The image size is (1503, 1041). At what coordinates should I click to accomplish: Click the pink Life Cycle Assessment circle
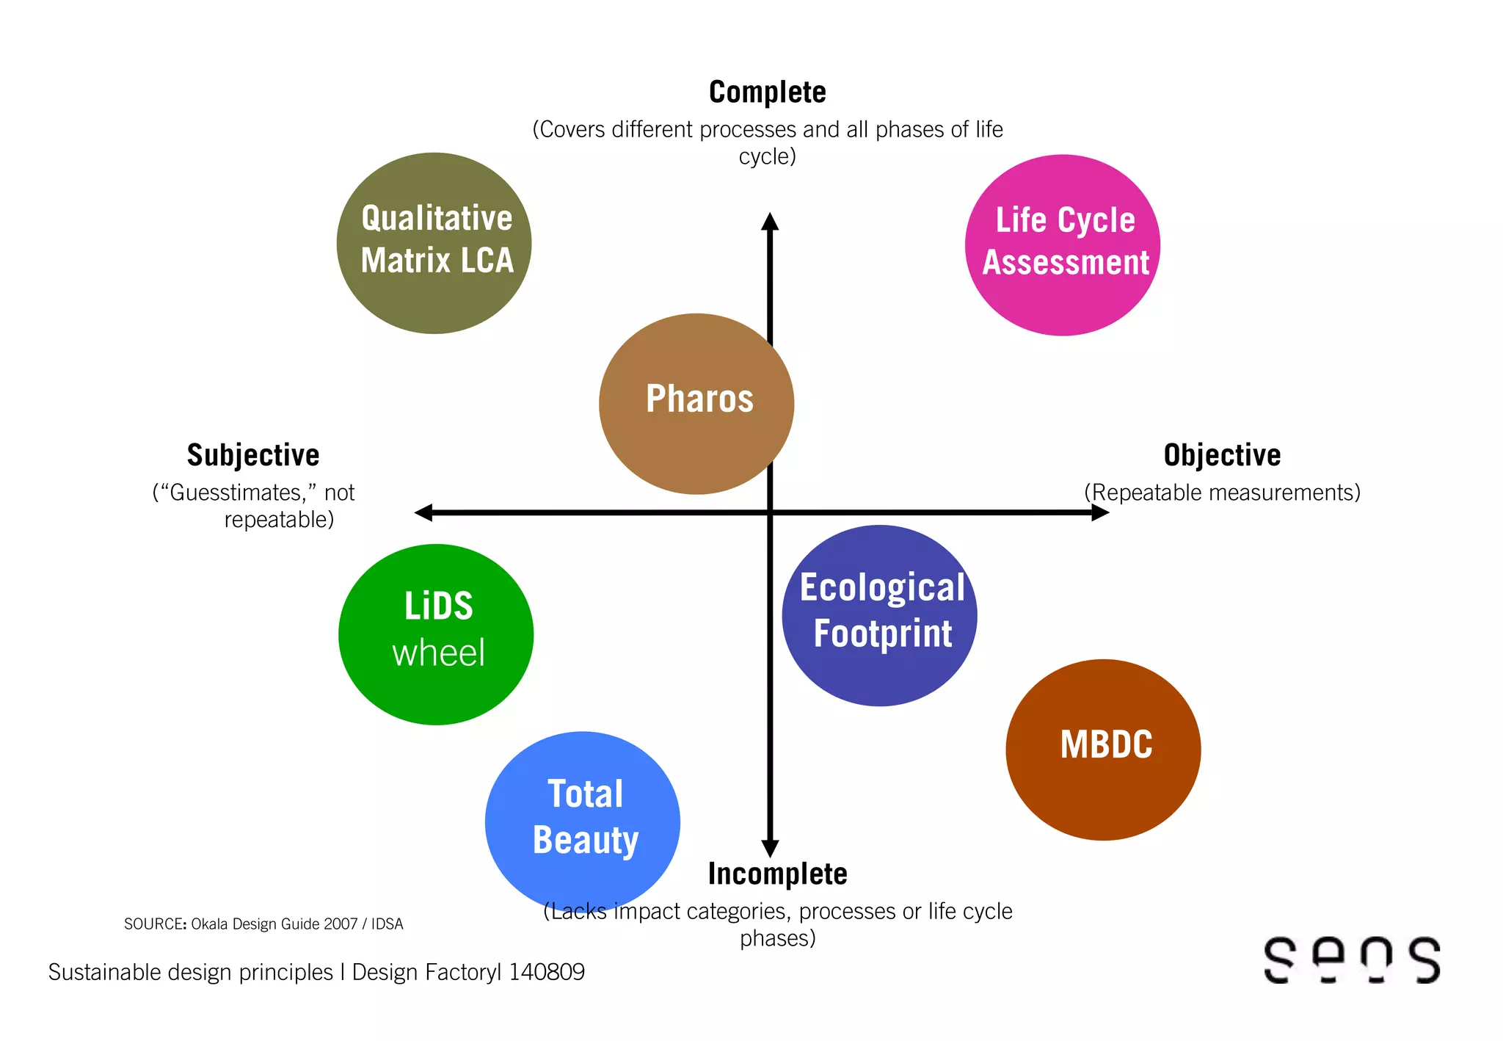coord(1063,245)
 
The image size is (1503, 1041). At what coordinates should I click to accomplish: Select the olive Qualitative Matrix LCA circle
coord(434,243)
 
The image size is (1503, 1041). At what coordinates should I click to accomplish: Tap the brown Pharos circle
coord(696,404)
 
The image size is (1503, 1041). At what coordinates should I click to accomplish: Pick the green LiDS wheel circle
coord(436,634)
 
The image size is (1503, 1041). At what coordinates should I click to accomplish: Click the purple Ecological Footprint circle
coord(879,615)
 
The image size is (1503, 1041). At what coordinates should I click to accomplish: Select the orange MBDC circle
coord(1103,750)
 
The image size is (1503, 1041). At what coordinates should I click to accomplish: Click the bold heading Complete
coord(768,93)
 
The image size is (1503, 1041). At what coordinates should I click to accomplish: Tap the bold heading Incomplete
coord(777,874)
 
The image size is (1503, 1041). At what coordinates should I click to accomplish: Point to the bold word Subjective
coord(253,455)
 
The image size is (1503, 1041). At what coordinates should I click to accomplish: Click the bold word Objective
coord(1222,455)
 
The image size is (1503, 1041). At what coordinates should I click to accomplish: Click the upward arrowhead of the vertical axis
coord(770,221)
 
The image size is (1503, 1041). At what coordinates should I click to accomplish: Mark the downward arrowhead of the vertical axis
coord(770,849)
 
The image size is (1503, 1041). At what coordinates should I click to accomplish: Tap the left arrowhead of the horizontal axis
coord(423,512)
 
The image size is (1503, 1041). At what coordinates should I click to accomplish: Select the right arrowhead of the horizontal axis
coord(1100,512)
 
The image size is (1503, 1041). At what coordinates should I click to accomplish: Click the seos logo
coord(1352,960)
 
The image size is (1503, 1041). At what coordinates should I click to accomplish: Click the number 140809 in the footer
coord(547,972)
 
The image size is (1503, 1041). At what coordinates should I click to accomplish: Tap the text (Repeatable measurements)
coord(1222,493)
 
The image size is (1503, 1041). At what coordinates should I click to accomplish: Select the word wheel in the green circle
coord(438,653)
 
